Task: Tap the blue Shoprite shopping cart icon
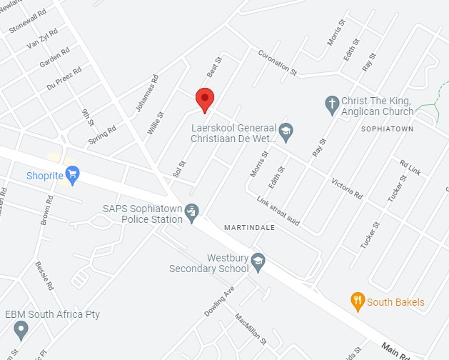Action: point(71,174)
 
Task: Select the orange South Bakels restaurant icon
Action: point(358,301)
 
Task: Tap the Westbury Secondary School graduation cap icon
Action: point(258,262)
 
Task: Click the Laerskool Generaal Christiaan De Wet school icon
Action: point(286,131)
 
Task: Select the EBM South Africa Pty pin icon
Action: point(21,330)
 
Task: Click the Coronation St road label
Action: point(277,62)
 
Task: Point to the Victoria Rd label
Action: point(347,188)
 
